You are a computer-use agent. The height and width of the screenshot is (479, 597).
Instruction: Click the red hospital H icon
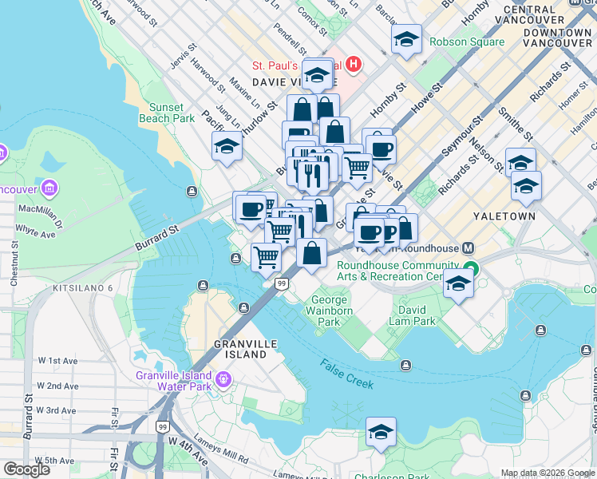tap(352, 64)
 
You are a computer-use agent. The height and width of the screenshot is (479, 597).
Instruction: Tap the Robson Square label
tap(467, 42)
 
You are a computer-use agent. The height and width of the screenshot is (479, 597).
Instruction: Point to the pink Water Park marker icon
tap(224, 377)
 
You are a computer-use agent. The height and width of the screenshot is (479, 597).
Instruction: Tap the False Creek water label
tap(347, 374)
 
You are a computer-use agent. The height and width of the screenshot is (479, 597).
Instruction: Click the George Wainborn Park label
tap(329, 311)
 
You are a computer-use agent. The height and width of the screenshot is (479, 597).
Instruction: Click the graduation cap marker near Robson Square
tap(407, 39)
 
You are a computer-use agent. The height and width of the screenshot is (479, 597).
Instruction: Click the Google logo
tap(26, 469)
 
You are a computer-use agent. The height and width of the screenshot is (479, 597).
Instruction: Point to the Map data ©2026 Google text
tap(546, 473)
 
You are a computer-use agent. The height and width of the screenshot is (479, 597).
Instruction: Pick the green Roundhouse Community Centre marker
tap(472, 270)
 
